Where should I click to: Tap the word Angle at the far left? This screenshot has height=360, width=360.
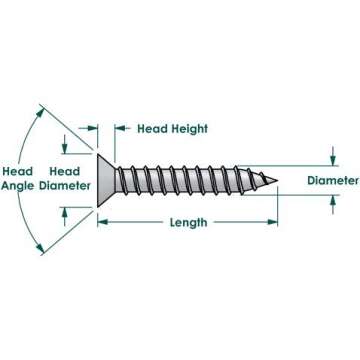(18, 185)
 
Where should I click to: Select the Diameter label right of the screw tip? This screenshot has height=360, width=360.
(333, 180)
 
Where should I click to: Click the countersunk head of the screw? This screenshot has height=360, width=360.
(106, 180)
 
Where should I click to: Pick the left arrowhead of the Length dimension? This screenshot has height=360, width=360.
(101, 222)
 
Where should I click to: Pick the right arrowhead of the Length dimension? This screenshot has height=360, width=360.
(272, 222)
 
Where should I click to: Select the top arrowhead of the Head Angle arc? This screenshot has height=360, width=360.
(42, 107)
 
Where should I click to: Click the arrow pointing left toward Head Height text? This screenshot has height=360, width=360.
(121, 127)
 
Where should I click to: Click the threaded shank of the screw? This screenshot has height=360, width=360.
(190, 180)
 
